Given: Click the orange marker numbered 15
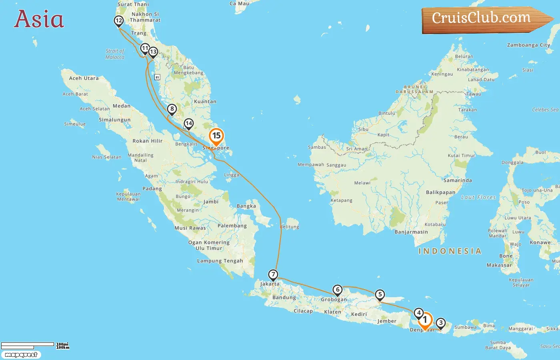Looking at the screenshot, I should click(x=216, y=136).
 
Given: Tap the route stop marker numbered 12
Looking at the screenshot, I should click(x=118, y=21).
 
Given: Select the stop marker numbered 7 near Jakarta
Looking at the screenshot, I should click(x=273, y=275).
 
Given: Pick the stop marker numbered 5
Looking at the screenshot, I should click(x=380, y=295).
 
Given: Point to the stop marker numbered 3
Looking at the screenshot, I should click(x=440, y=323).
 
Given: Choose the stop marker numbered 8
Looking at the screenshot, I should click(x=172, y=109).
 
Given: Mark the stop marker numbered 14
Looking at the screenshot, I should click(x=188, y=123).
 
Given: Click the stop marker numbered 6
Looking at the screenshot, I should click(x=338, y=290).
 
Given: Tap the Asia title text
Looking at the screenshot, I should click(x=39, y=19).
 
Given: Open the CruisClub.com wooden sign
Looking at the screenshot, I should click(x=484, y=19).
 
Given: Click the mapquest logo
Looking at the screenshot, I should click(x=21, y=355).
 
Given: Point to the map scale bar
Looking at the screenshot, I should click(x=28, y=345).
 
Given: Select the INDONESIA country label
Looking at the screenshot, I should click(x=450, y=251).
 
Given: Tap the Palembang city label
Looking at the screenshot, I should click(x=232, y=226).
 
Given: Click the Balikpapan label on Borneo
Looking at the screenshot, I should click(x=440, y=192).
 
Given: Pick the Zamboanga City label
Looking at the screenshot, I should click(x=528, y=45).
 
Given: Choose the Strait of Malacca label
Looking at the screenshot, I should click(x=115, y=54).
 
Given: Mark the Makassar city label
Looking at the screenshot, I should click(x=499, y=265).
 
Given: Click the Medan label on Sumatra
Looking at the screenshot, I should click(x=122, y=106).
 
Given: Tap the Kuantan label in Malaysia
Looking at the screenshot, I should click(x=205, y=102).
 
